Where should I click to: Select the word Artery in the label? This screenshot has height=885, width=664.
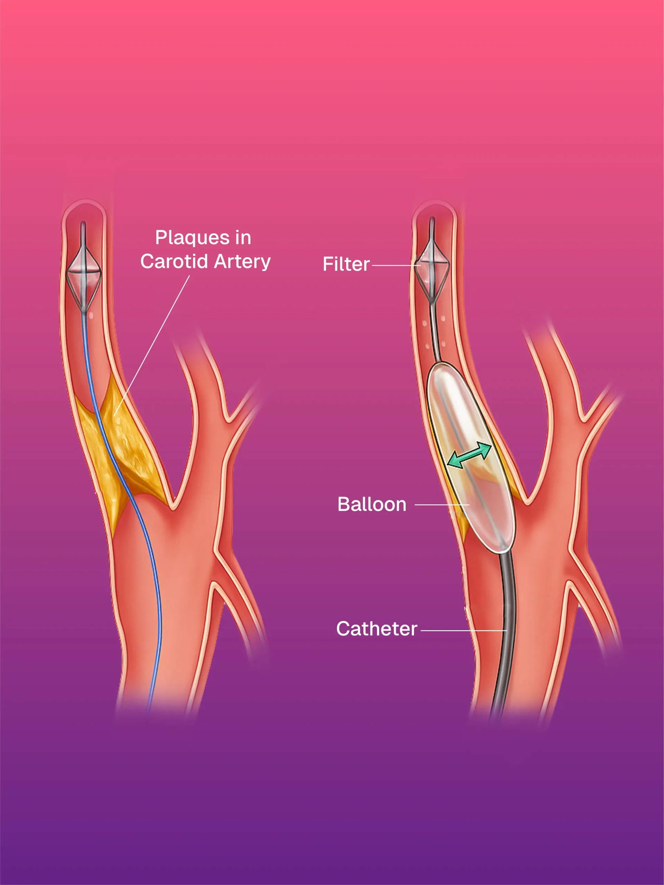click(x=242, y=262)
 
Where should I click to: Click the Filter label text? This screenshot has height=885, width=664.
click(x=346, y=264)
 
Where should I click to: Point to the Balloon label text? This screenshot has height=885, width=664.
click(x=371, y=504)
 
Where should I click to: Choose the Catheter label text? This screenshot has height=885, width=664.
click(x=376, y=629)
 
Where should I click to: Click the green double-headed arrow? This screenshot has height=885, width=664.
click(x=469, y=455)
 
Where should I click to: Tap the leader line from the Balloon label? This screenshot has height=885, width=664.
click(x=440, y=505)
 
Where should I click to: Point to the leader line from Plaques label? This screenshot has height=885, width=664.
click(x=152, y=344)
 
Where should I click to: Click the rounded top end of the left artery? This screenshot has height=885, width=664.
click(x=84, y=206)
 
